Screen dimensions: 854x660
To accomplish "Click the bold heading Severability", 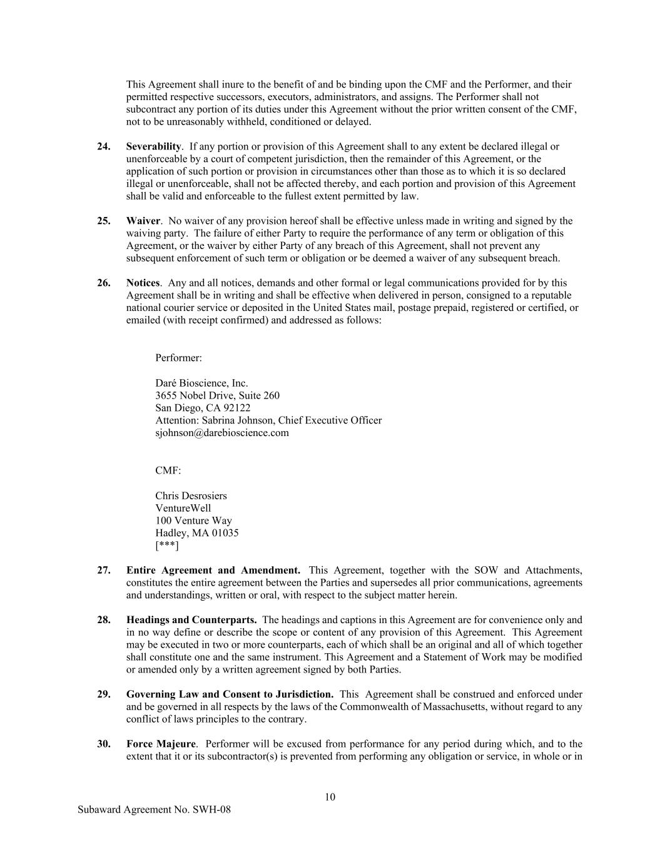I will (153, 146).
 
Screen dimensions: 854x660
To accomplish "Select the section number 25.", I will (104, 221).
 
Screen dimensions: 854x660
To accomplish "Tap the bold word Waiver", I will (143, 221).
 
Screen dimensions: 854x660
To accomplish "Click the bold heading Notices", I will (143, 283).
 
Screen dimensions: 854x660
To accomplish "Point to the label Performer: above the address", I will (178, 358).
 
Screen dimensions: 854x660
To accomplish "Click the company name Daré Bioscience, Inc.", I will (201, 383).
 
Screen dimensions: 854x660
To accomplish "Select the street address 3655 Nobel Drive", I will (217, 395).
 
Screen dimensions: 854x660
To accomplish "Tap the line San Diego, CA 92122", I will (203, 408).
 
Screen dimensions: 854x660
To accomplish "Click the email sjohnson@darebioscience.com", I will (222, 432).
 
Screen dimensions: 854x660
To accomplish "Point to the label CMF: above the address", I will (168, 470).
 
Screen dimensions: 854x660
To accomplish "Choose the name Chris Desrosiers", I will (191, 496).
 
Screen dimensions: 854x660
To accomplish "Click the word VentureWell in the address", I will (183, 508).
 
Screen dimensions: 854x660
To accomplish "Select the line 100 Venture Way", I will (193, 521).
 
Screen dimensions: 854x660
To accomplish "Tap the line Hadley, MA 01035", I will (196, 533).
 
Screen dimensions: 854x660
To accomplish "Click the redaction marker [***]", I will (166, 546).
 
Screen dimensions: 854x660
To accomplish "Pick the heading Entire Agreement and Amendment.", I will (213, 570).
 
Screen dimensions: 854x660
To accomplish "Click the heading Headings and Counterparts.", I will (191, 620).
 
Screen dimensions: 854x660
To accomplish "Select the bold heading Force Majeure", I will (161, 744).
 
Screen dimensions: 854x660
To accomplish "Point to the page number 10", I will (330, 797).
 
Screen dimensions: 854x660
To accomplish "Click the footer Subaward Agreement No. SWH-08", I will (154, 810).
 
